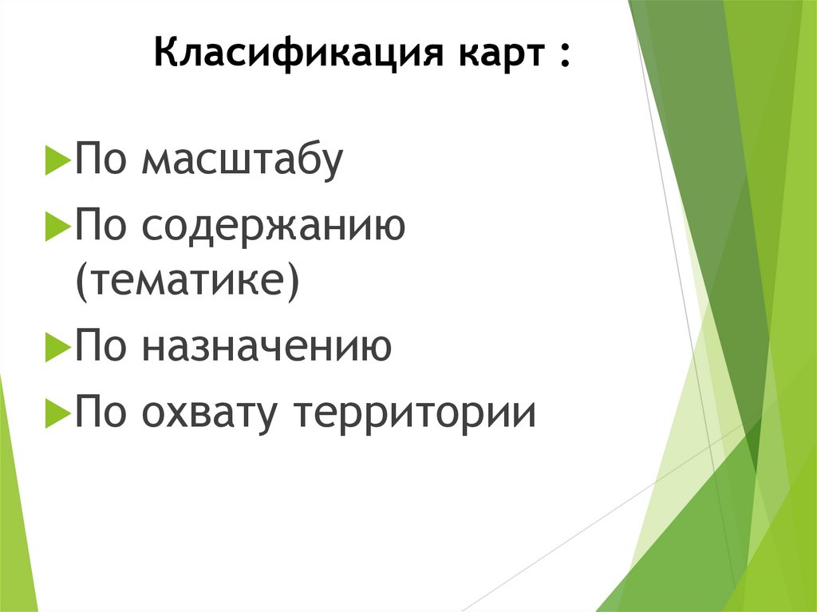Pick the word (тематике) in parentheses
[187, 282]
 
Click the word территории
[415, 413]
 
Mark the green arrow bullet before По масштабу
[58, 162]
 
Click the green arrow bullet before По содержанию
[58, 229]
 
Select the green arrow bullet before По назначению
[58, 349]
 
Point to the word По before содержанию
[103, 227]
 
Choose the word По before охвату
[103, 413]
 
